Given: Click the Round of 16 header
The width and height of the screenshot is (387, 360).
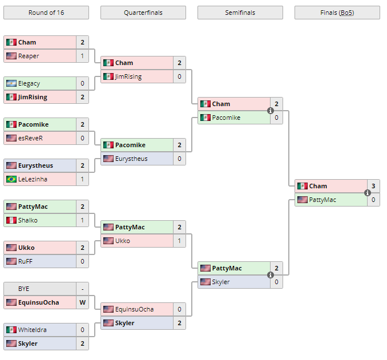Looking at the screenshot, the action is pos(46,13).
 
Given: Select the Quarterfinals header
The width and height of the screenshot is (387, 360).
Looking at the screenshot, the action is pos(143,13).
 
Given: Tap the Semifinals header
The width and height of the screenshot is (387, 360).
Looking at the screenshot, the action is pos(240,13).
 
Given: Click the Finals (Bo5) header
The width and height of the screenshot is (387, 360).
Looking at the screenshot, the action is pos(337,13).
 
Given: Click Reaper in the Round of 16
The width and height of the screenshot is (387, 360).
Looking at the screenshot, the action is pos(29,56).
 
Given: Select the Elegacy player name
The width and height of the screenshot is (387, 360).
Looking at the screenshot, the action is pos(29,83).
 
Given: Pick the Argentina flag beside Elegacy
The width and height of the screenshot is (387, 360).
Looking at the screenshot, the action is pos(11,83).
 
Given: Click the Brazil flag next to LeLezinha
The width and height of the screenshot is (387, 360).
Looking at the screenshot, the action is pos(11,179).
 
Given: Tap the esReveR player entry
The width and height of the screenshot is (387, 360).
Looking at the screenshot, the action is pos(31,138).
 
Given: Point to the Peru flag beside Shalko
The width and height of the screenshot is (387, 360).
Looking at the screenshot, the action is pos(11,220).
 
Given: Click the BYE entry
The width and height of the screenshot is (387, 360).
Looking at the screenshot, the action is pos(24,289).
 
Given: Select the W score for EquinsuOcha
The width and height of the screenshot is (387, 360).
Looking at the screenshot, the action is pos(82,302).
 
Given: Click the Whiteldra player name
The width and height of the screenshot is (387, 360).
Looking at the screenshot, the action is pos(33,330).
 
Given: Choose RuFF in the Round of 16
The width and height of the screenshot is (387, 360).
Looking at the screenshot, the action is pos(26,261).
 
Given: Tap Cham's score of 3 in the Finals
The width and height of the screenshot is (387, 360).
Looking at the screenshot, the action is pos(373,186).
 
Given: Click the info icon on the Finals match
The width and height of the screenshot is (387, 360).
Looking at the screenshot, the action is pos(368,193).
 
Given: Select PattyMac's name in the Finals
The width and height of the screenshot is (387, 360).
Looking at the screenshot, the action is pos(322,200).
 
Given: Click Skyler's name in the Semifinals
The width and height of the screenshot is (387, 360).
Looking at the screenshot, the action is pos(221,282).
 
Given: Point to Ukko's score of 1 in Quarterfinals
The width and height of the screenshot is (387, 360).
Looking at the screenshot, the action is pos(179,241).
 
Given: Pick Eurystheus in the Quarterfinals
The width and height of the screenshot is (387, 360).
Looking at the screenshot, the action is pos(131,159).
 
